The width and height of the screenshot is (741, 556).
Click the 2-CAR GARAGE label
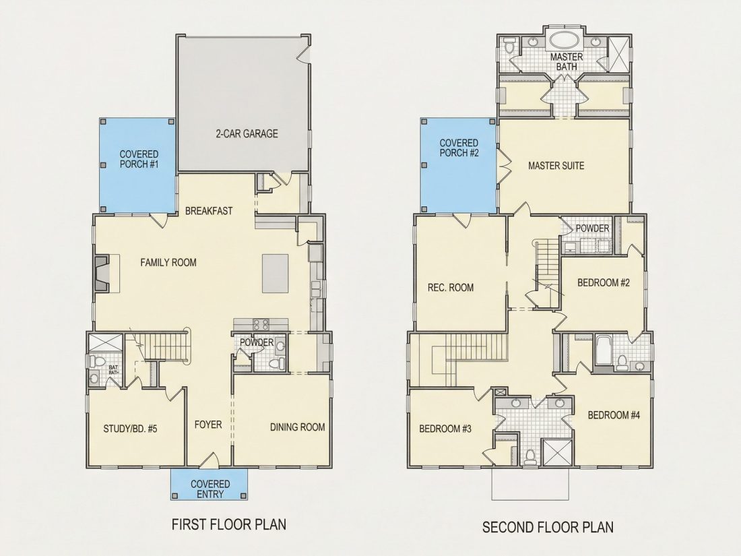(x=247, y=134)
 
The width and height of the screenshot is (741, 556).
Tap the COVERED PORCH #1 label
(x=139, y=159)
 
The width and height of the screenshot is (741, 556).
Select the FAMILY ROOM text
(x=168, y=262)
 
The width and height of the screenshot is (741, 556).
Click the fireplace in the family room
(x=102, y=274)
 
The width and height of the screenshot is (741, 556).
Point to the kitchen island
(x=276, y=274)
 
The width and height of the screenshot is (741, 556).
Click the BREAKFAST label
(x=209, y=211)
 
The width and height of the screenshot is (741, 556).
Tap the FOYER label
(x=208, y=425)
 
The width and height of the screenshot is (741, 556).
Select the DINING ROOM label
(x=297, y=427)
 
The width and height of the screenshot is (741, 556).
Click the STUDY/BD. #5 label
(x=130, y=429)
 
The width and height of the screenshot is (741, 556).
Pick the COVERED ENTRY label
(x=210, y=489)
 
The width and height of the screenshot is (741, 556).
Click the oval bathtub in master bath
(x=566, y=40)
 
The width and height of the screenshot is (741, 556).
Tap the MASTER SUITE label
(x=556, y=166)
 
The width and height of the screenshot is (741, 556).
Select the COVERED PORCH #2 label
(x=459, y=148)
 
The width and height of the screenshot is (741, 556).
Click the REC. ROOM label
(x=451, y=288)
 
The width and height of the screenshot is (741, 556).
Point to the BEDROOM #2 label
(x=604, y=283)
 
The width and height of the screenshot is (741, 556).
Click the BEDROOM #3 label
(x=445, y=429)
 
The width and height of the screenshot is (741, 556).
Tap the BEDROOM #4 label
(x=614, y=415)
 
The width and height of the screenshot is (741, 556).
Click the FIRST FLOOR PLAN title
(x=229, y=524)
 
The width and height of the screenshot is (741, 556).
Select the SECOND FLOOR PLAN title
(x=548, y=527)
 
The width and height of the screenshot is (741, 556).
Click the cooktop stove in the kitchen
(x=261, y=324)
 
